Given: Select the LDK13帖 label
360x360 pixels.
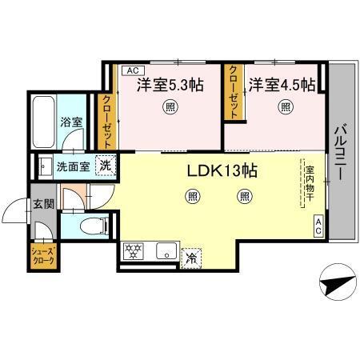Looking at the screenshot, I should tap(222, 171).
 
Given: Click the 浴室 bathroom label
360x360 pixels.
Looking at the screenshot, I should tap(71, 122).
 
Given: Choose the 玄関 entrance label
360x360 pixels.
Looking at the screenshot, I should tap(44, 204).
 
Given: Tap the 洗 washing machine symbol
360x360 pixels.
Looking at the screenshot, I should tap(104, 166).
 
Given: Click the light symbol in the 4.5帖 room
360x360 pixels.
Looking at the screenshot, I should tap(285, 106).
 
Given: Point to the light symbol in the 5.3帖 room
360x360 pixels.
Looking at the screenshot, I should tap(170, 106).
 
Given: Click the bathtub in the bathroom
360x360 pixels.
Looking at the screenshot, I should tap(43, 120).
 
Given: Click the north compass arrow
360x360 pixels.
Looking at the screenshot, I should tap(337, 282).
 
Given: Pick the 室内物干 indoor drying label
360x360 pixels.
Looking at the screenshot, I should tap(308, 184).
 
